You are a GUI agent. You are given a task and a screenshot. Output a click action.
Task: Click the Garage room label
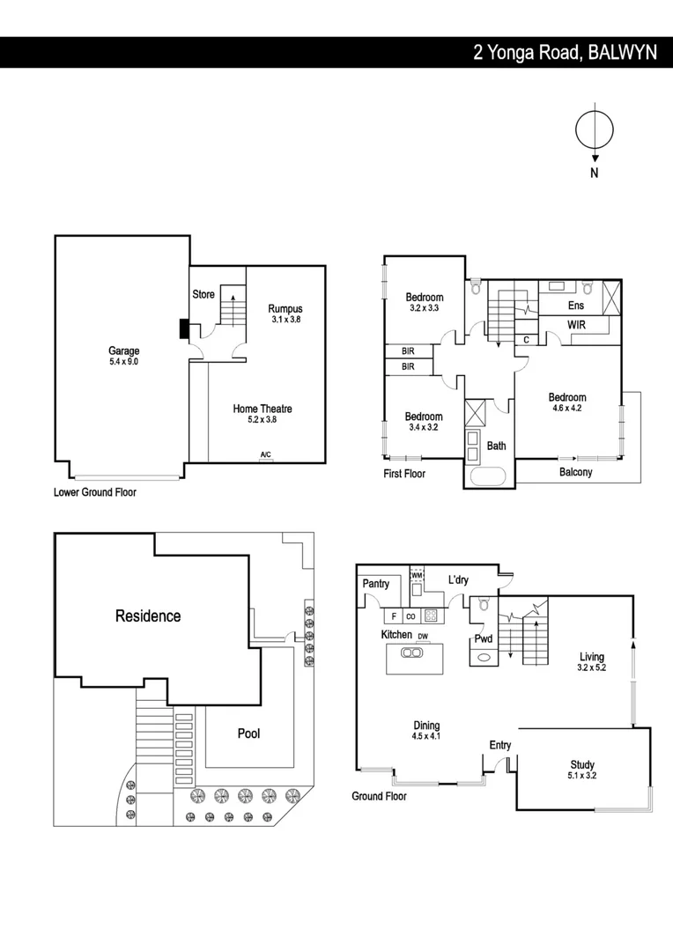click(x=123, y=350)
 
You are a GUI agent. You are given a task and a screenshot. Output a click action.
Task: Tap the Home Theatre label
click(x=263, y=409)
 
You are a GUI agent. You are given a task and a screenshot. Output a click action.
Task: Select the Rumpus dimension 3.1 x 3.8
click(x=285, y=321)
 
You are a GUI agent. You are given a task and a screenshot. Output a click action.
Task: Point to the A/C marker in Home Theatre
click(x=265, y=454)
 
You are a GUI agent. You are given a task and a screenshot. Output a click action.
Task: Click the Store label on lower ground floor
click(x=203, y=294)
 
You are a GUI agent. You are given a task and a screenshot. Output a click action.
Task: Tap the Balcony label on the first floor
click(x=576, y=472)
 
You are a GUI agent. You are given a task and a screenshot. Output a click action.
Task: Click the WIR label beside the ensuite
click(x=577, y=325)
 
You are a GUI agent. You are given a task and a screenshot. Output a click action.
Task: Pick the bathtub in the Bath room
click(x=485, y=476)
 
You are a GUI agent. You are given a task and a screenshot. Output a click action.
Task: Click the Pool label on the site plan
click(x=248, y=733)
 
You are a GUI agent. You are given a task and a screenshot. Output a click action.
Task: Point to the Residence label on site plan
click(x=148, y=616)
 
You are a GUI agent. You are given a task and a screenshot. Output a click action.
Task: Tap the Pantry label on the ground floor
click(x=376, y=584)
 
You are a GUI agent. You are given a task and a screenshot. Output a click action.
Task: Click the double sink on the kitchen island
click(x=410, y=652)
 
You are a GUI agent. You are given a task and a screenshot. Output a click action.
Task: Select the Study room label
click(x=581, y=764)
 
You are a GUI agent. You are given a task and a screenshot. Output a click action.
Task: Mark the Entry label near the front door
click(x=500, y=745)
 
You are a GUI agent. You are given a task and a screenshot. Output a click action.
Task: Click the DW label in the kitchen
click(x=423, y=636)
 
